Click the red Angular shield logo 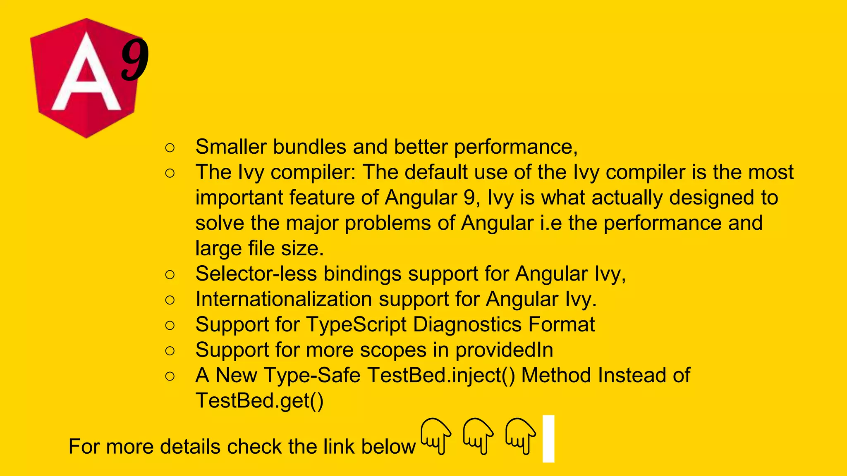pos(85,79)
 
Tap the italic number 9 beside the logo pos(135,60)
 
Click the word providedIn pos(504,350)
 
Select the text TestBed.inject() pos(441,376)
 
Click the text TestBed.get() pos(259,401)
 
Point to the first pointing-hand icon pos(435,436)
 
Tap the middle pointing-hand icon pos(478,436)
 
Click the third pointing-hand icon pos(520,436)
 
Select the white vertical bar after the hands pos(548,439)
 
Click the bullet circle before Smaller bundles pos(170,148)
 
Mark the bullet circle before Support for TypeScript pos(170,326)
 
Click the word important pos(239,198)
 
